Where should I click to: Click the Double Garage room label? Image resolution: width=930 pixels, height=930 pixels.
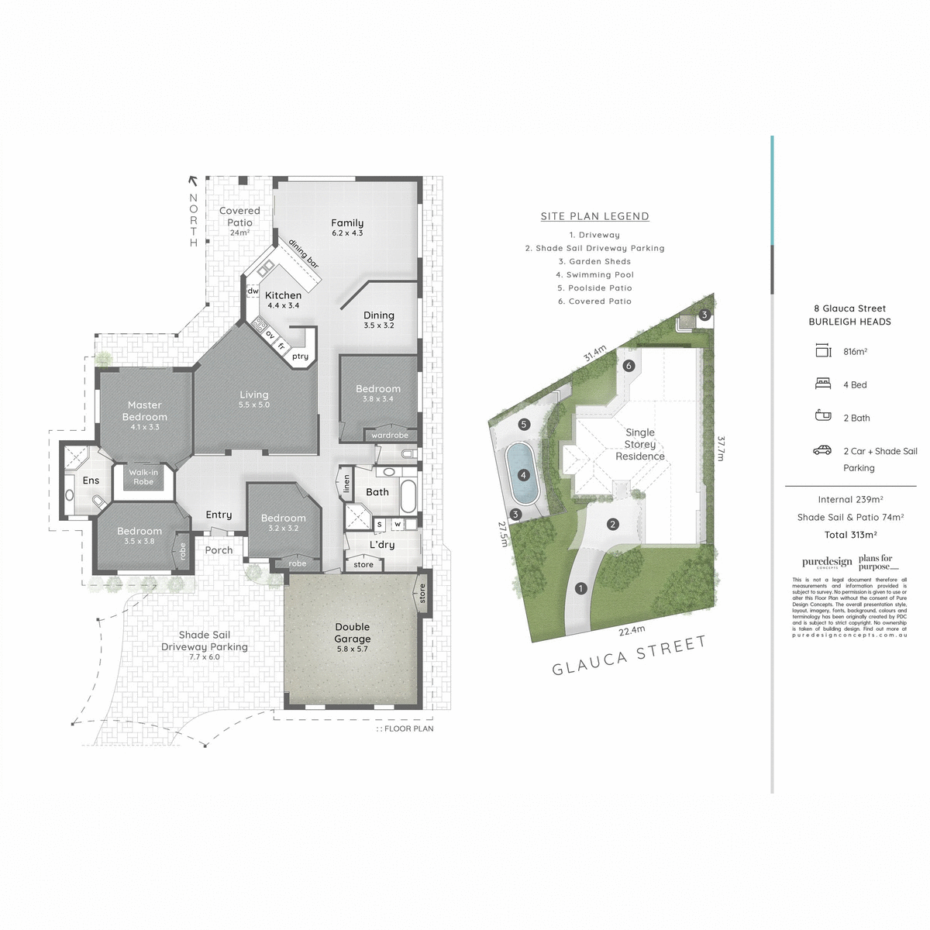(x=353, y=633)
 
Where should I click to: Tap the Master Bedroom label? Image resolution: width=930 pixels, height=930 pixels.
(x=145, y=411)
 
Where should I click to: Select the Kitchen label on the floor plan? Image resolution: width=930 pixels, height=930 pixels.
(x=284, y=295)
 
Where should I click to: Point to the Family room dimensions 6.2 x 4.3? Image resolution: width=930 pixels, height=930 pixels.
(x=347, y=233)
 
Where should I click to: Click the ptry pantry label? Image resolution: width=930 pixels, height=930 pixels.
(x=300, y=356)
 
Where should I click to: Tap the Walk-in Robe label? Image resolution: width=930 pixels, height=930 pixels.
(x=143, y=477)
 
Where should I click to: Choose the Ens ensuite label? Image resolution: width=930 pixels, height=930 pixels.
(x=91, y=480)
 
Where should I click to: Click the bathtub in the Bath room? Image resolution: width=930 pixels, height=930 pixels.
(x=408, y=495)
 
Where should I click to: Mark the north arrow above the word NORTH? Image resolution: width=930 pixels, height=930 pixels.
(x=193, y=182)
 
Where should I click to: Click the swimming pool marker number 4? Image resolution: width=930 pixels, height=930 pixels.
(x=523, y=475)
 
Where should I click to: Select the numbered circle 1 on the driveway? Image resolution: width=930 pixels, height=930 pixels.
(x=581, y=588)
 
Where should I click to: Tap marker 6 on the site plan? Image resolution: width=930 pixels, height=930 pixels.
(x=629, y=366)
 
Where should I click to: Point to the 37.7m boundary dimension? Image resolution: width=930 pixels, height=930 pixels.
(x=721, y=448)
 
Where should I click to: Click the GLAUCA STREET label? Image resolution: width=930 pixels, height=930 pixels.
(x=629, y=655)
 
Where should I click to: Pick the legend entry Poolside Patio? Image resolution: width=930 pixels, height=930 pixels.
(x=594, y=288)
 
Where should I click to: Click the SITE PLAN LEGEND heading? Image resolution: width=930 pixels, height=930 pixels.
(x=595, y=217)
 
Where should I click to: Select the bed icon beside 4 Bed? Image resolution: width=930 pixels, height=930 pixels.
(x=823, y=384)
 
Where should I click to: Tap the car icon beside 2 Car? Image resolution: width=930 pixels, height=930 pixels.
(x=822, y=450)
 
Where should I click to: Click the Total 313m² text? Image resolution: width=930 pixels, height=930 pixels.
(x=850, y=535)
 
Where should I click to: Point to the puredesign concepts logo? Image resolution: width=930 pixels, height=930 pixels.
(x=827, y=563)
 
